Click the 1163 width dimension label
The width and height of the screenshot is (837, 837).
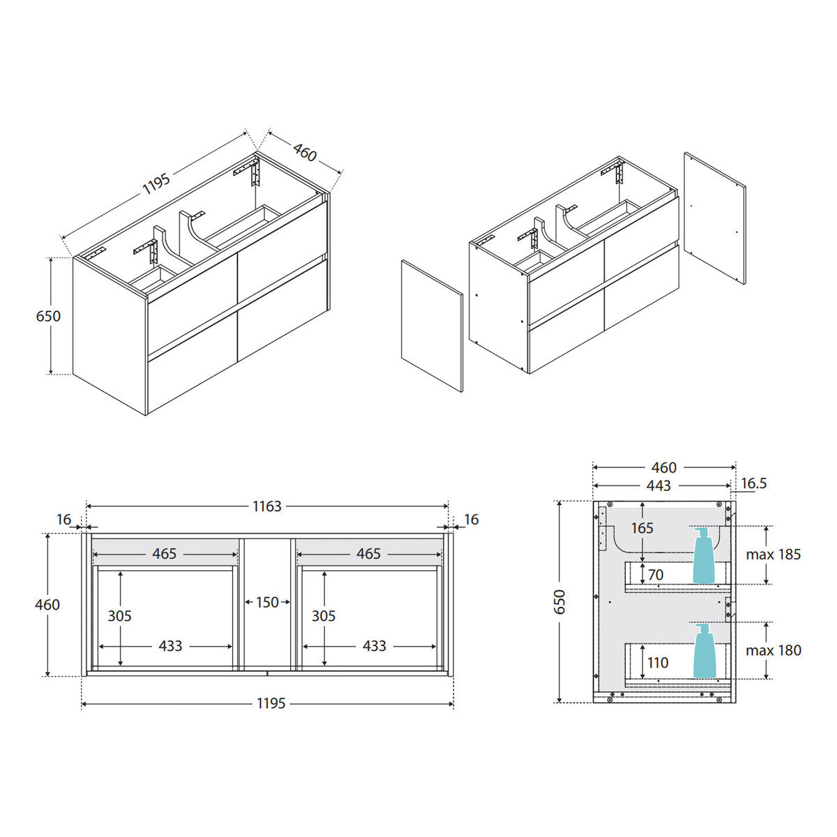(266, 506)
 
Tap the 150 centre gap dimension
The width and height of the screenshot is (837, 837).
(267, 603)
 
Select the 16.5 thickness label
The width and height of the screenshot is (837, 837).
(754, 483)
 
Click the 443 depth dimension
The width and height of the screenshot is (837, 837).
(658, 485)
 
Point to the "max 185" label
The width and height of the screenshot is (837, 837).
(773, 555)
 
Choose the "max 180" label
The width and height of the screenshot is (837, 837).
(773, 650)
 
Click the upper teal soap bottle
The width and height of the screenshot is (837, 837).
(703, 555)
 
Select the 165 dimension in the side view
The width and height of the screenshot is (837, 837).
(642, 528)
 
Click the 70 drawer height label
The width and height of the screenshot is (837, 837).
(656, 575)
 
